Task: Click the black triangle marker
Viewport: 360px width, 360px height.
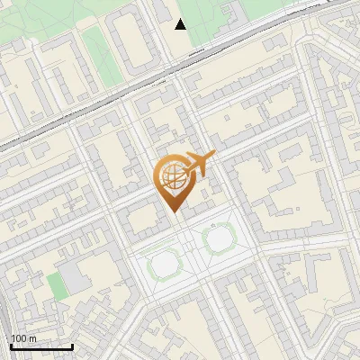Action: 181,24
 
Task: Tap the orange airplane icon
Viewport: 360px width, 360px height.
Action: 199,164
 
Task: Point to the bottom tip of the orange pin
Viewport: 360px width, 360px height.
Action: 174,211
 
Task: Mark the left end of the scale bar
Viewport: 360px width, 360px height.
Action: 11,346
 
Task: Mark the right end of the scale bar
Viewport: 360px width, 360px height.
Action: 72,346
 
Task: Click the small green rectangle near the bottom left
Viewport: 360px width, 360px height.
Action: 56,286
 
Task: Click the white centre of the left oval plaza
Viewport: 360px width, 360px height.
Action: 162,265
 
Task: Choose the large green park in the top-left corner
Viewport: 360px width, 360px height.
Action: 36,22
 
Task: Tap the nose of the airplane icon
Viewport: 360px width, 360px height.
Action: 215,156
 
